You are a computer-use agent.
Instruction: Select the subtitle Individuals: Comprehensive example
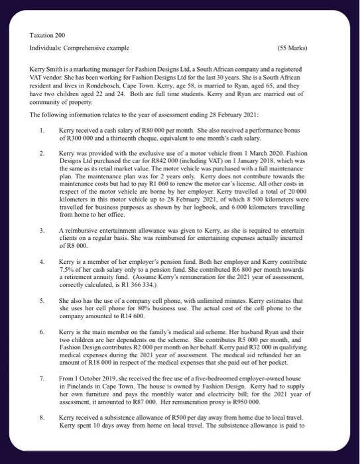(x=78, y=48)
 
